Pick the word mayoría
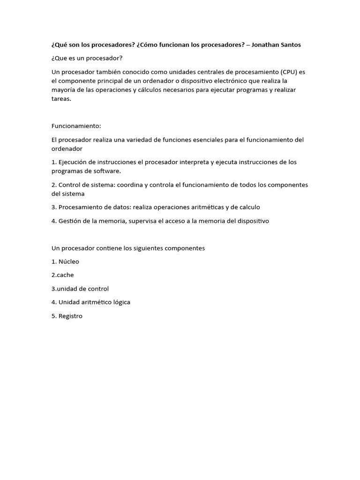(64, 90)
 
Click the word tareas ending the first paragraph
(61, 99)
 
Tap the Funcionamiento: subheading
(76, 126)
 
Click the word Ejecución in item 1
(74, 162)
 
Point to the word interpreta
(193, 162)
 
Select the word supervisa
(144, 221)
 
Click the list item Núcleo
(68, 262)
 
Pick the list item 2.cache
(62, 275)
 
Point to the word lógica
(120, 302)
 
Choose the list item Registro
(70, 316)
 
